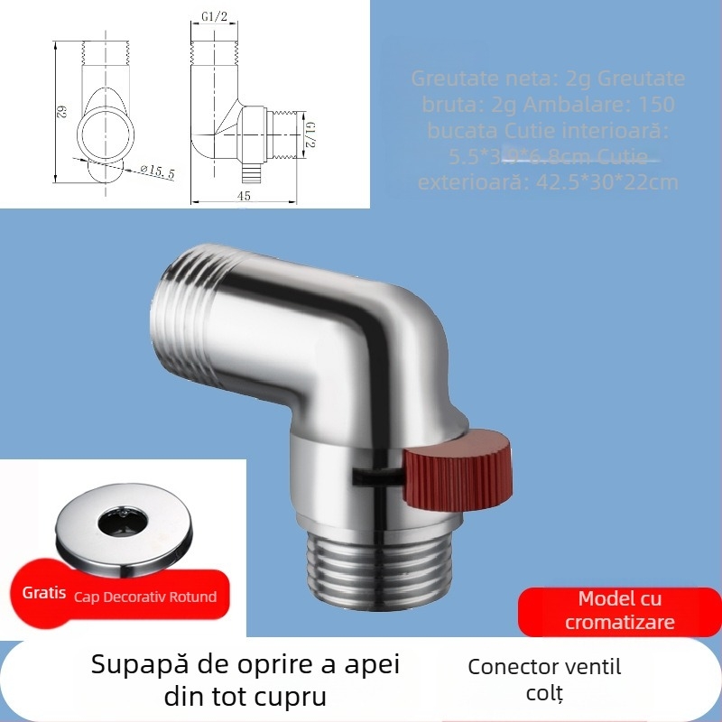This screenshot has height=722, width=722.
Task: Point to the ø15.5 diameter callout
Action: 157,171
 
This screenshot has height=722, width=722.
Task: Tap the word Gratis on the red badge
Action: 44,595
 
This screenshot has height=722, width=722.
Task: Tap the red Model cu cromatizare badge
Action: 619,611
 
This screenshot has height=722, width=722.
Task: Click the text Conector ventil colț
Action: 544,680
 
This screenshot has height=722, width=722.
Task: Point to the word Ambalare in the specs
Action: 584,104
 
